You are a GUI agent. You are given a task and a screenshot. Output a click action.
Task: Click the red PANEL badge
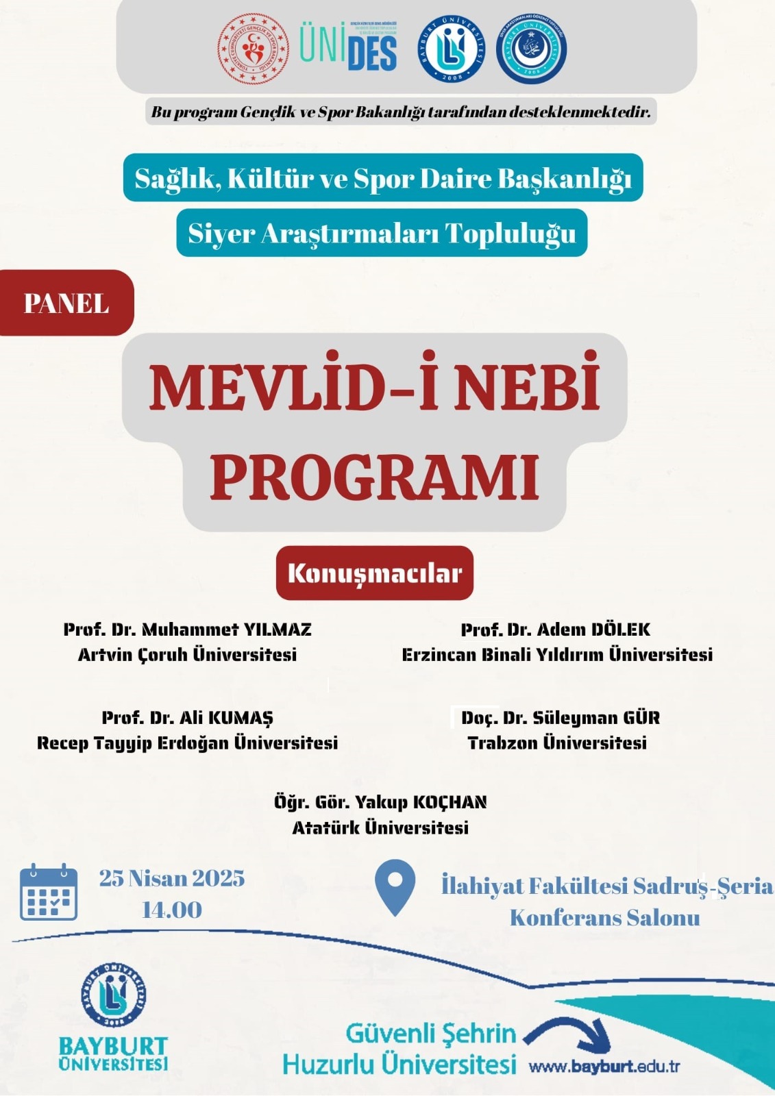click(x=66, y=303)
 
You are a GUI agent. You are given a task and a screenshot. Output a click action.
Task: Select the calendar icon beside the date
click(x=49, y=892)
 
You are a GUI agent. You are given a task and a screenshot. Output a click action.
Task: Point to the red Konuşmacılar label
click(x=374, y=573)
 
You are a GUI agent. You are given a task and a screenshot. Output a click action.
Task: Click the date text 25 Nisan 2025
click(x=172, y=878)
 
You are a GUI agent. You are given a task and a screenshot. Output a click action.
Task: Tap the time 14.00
click(x=172, y=910)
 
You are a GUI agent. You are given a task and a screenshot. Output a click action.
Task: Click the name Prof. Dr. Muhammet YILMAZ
click(x=187, y=630)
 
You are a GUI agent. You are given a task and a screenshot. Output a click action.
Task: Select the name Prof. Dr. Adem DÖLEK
click(x=556, y=630)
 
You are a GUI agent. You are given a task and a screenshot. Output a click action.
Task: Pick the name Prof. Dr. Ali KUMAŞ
click(x=187, y=718)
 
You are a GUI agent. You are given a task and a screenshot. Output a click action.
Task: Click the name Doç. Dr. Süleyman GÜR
click(x=560, y=718)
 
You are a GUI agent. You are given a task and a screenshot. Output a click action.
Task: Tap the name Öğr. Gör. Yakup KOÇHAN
click(x=380, y=802)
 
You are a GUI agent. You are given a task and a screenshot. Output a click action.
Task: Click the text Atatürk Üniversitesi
click(x=380, y=828)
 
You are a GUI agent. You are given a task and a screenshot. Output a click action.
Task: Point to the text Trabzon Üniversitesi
click(x=557, y=743)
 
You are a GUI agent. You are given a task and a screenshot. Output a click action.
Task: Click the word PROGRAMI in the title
click(x=374, y=477)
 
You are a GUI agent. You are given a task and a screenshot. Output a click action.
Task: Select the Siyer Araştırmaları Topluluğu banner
click(x=382, y=234)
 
